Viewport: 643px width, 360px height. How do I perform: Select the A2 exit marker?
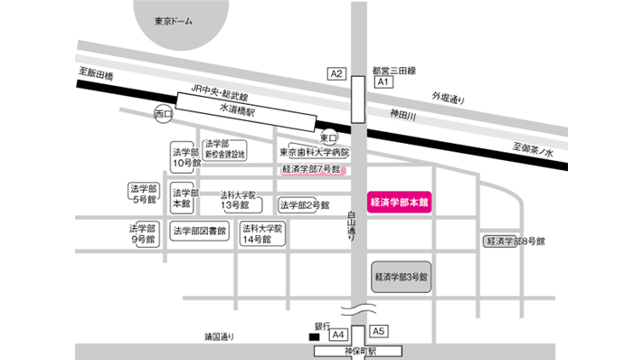(336, 73)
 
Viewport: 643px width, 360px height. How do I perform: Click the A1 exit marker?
(383, 82)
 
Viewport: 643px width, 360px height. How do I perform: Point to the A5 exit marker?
(379, 331)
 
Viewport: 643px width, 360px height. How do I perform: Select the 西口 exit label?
(163, 114)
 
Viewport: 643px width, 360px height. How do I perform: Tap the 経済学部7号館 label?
(311, 169)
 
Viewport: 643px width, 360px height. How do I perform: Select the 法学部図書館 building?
(199, 231)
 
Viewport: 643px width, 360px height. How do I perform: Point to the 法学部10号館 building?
(185, 156)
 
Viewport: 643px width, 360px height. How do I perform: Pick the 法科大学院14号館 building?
(262, 234)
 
